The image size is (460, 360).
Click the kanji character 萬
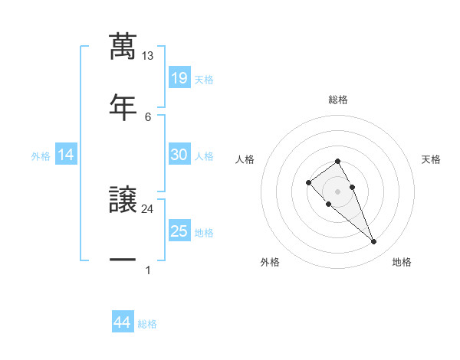123,46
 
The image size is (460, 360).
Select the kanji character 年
123,105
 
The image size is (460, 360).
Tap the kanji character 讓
123,201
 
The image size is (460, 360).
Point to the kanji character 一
123,260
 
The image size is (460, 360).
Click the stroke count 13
147,56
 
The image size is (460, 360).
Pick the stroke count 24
147,208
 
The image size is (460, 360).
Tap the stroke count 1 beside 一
147,270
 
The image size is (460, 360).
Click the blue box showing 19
179,78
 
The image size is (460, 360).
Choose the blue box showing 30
179,155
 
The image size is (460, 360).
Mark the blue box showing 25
179,231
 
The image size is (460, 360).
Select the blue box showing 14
66,155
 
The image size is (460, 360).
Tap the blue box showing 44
122,323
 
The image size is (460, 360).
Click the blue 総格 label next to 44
147,324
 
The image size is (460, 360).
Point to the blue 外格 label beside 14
41,156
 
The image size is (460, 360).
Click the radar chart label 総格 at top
338,100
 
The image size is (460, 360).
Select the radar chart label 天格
431,159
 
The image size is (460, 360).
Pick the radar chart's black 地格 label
402,262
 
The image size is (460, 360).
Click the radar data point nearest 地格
373,242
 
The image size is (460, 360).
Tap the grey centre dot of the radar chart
337,191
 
